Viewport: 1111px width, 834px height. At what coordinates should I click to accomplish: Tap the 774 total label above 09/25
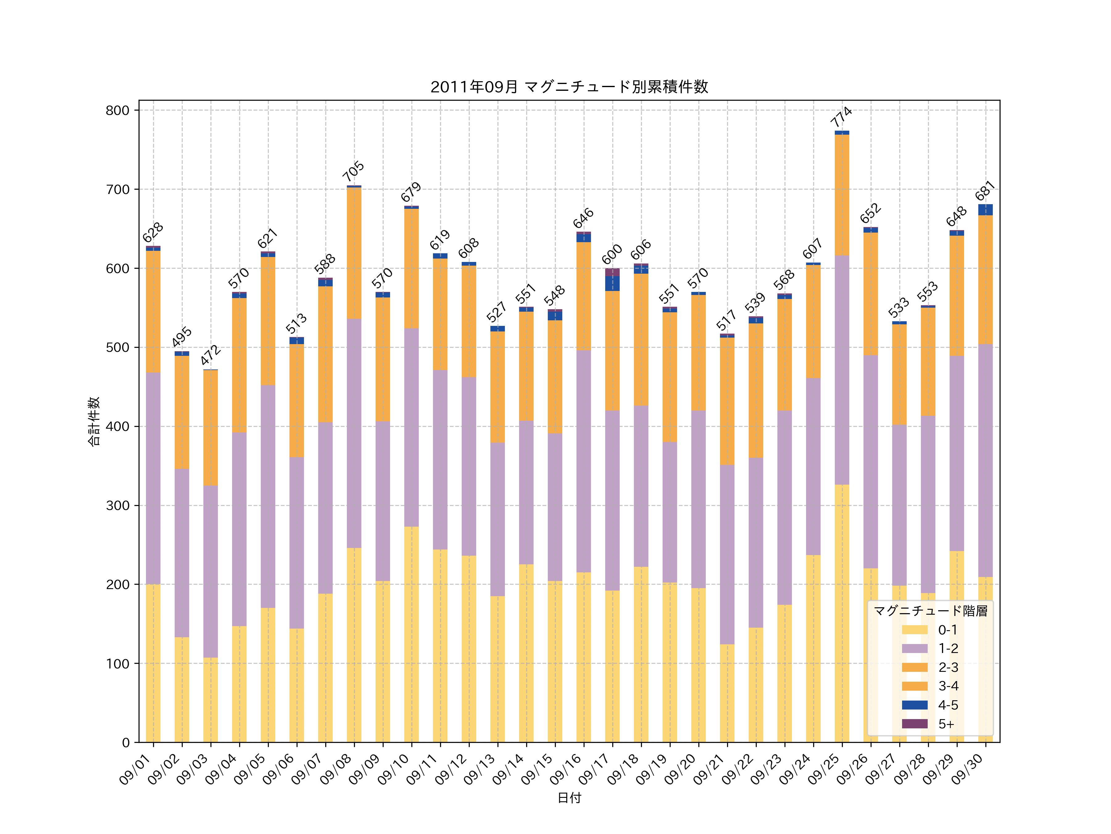tap(841, 117)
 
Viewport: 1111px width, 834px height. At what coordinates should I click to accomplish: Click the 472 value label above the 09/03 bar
tap(210, 355)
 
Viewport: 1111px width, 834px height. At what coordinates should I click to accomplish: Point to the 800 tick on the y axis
tap(117, 111)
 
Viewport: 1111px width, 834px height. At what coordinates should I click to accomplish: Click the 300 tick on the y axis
tap(117, 506)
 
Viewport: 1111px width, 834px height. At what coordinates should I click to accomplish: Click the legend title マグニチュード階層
tap(930, 611)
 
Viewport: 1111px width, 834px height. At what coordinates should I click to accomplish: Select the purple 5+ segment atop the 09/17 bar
tap(612, 272)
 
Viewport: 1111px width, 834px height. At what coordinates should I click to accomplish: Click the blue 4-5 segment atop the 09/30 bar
tap(985, 210)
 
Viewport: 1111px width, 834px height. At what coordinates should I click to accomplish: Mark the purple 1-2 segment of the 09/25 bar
tap(842, 369)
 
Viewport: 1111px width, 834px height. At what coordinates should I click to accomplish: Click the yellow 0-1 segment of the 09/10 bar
tap(411, 634)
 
